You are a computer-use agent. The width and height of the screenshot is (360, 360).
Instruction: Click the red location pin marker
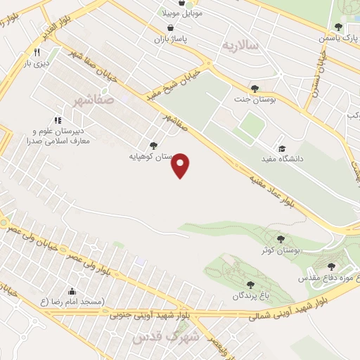(181, 165)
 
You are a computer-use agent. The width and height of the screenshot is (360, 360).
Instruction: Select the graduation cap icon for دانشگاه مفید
(283, 149)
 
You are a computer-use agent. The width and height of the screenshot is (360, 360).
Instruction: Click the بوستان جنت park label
(255, 100)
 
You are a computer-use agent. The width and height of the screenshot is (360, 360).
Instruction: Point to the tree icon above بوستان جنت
(255, 89)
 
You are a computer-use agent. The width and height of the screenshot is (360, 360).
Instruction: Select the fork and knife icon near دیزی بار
(37, 52)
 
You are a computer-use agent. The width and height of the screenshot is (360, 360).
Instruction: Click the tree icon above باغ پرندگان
(250, 285)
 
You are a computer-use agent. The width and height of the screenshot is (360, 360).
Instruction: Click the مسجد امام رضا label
(71, 302)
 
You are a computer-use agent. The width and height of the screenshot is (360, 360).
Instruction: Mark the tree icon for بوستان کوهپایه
(153, 145)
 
